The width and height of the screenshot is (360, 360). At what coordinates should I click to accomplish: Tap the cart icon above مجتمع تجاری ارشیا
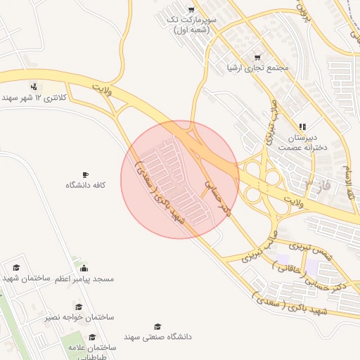click(257, 57)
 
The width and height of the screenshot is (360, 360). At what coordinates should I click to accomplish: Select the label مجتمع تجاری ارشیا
click(258, 67)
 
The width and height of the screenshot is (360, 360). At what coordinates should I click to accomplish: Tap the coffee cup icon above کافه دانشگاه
click(86, 174)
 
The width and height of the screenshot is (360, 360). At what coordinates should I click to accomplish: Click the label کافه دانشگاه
click(86, 184)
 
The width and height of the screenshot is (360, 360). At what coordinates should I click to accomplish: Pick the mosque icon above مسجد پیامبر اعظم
click(84, 268)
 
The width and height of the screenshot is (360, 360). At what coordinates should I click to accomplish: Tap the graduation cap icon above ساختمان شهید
click(16, 268)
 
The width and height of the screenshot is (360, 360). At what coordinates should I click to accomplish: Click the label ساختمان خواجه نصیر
click(79, 318)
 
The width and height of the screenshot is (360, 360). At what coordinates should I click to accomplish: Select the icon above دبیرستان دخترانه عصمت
click(302, 127)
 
